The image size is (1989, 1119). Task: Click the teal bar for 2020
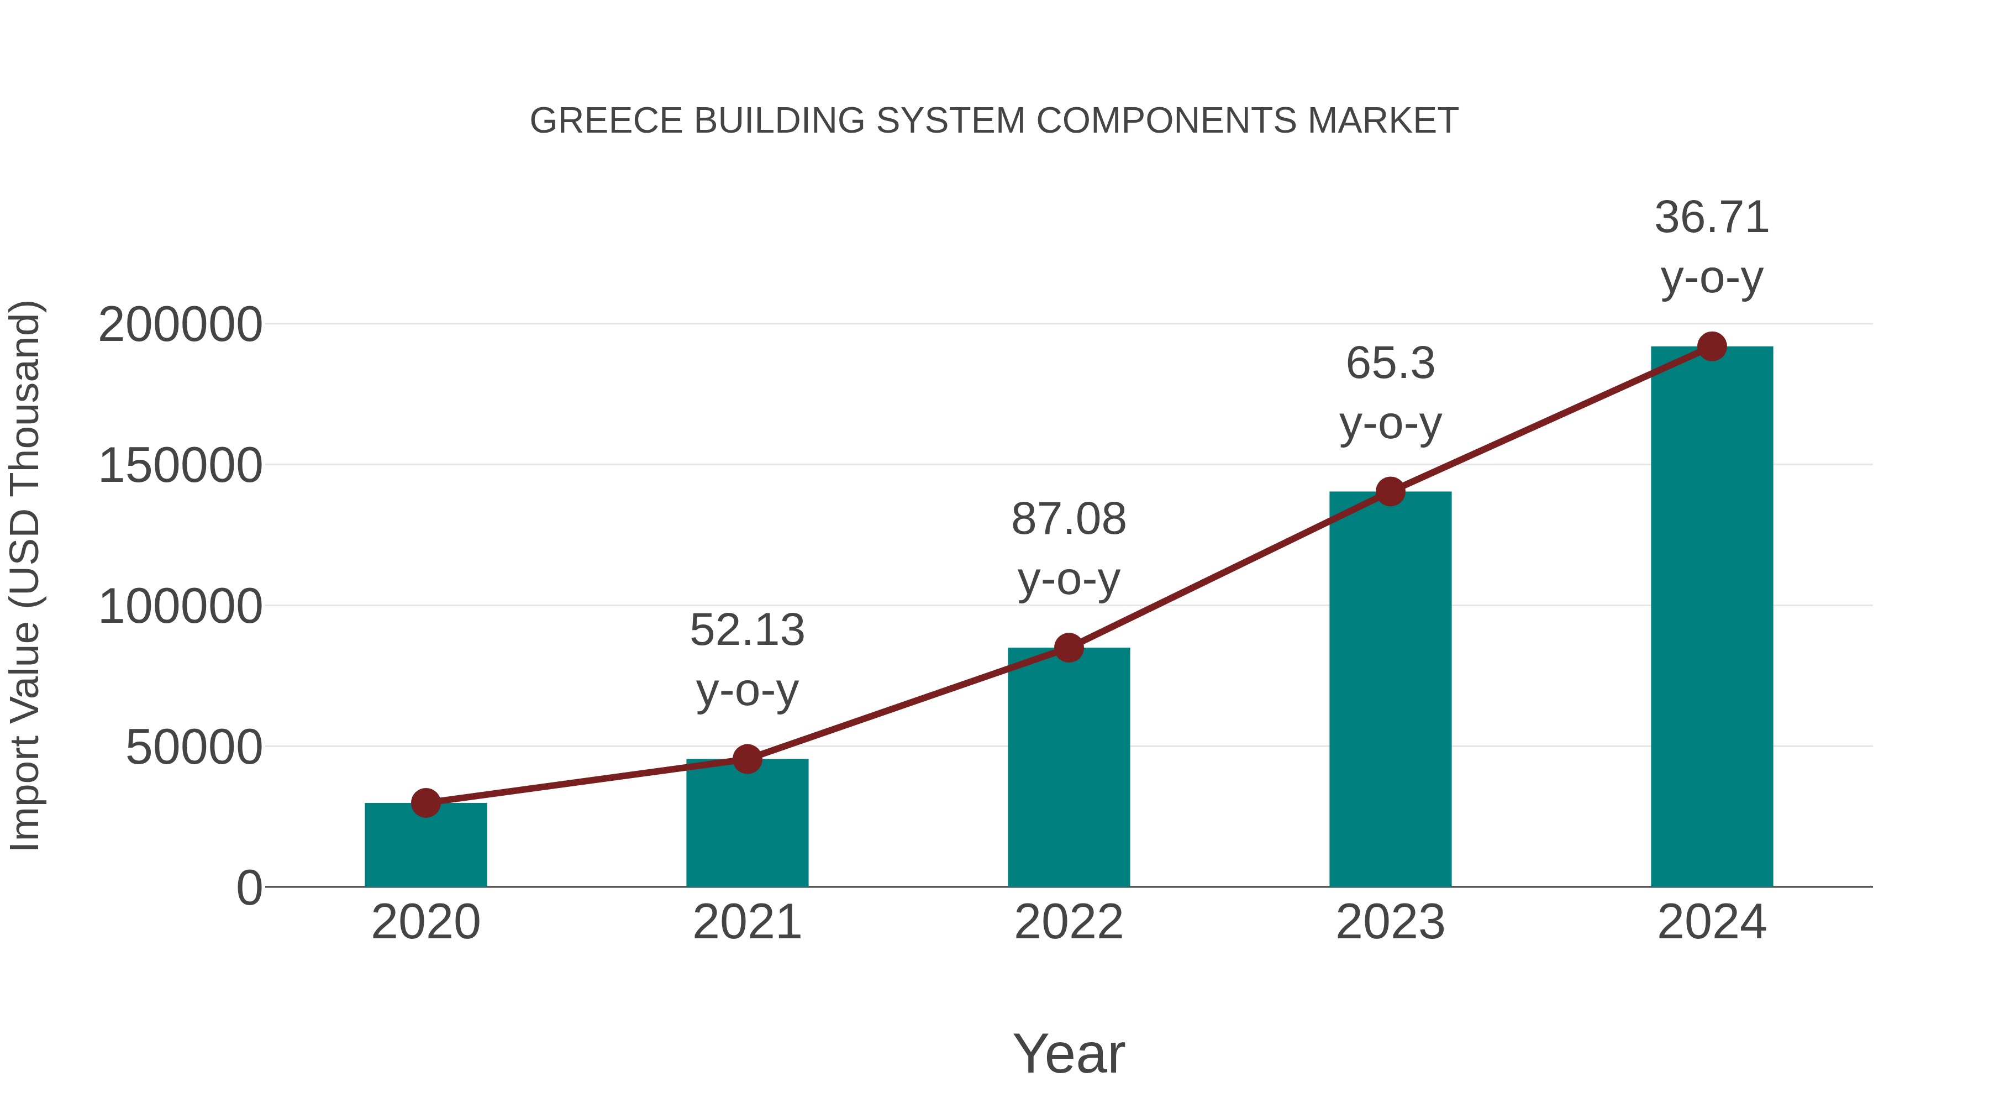(425, 845)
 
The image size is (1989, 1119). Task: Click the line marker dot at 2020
(425, 803)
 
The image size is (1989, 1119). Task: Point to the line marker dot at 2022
(1069, 648)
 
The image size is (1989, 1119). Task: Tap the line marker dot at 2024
(1712, 346)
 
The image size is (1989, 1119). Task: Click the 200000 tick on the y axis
(180, 325)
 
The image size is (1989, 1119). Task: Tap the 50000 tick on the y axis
(194, 748)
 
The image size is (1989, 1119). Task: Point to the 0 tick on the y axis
(249, 888)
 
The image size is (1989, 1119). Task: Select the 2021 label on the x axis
(746, 923)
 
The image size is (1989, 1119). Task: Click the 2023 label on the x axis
(1390, 923)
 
